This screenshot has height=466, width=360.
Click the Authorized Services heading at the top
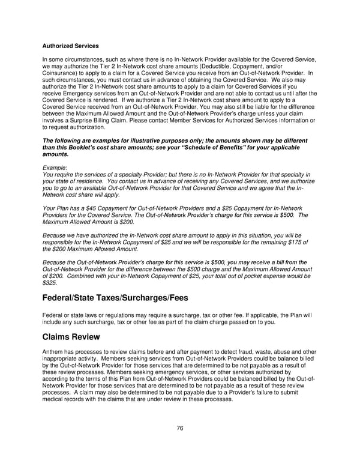[70, 46]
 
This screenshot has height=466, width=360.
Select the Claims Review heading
[71, 337]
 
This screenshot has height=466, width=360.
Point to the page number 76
[180, 428]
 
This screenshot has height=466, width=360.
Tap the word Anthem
[53, 352]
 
